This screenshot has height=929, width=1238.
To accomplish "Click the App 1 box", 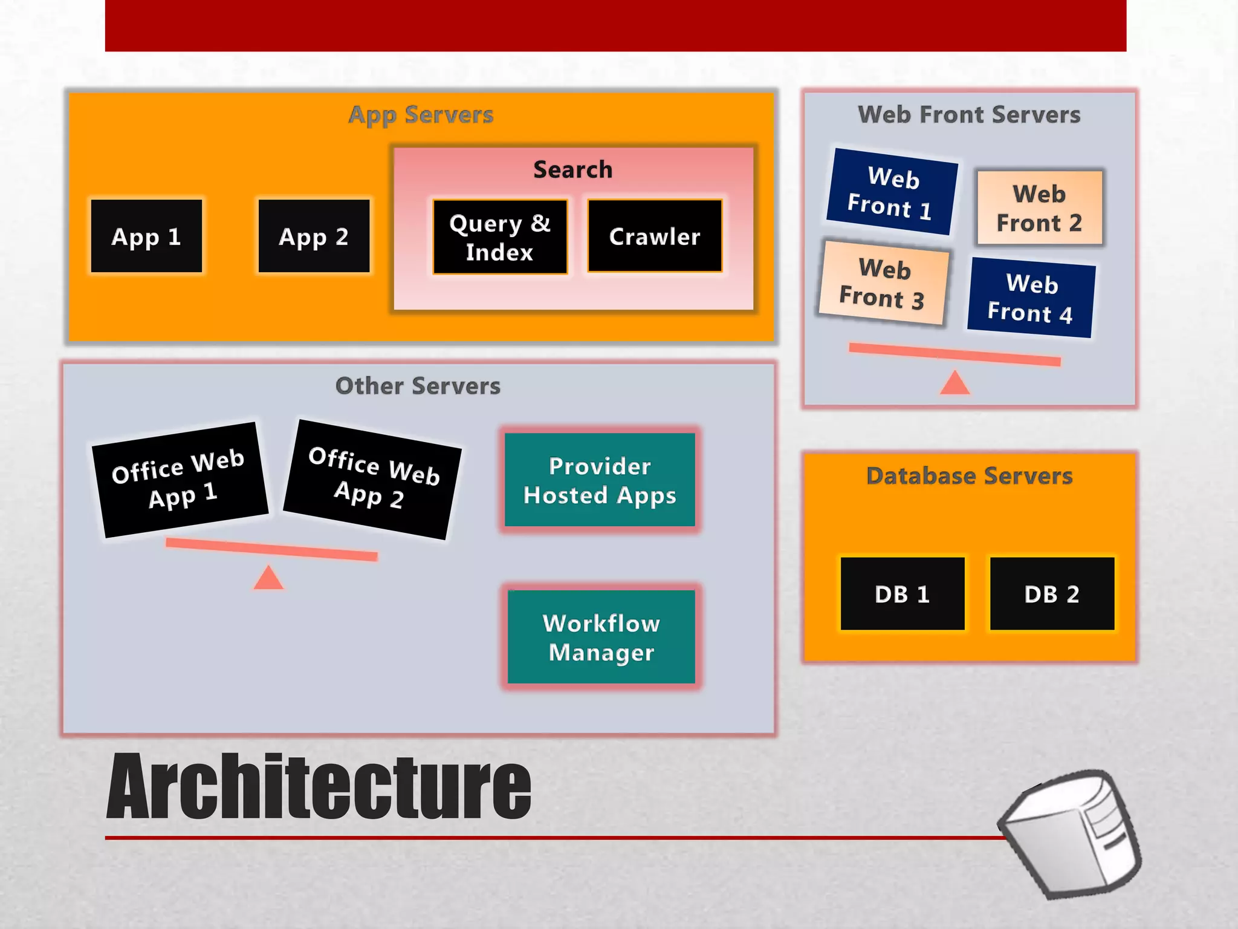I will pyautogui.click(x=146, y=236).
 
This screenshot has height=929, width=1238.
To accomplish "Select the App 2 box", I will pyautogui.click(x=314, y=236).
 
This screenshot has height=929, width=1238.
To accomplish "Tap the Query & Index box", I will pyautogui.click(x=500, y=237).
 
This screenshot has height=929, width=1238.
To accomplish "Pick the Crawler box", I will pyautogui.click(x=655, y=236).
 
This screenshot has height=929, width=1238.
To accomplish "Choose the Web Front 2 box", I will pyautogui.click(x=1040, y=207).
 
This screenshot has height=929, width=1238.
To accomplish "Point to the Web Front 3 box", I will pyautogui.click(x=884, y=282).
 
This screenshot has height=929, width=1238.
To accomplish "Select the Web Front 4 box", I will pyautogui.click(x=1032, y=298).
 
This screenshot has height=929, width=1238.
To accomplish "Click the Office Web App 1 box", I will pyautogui.click(x=180, y=480).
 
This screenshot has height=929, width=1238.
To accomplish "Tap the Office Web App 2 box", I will pyautogui.click(x=372, y=479).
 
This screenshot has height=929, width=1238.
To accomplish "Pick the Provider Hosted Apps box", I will pyautogui.click(x=600, y=480).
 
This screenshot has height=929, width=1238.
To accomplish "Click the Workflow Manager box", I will pyautogui.click(x=601, y=637).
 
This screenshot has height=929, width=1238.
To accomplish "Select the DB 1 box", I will pyautogui.click(x=903, y=594).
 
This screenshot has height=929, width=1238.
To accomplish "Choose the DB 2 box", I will pyautogui.click(x=1052, y=594).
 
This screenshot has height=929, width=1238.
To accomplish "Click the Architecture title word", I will pyautogui.click(x=319, y=787).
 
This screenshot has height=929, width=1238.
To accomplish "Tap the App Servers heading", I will pyautogui.click(x=421, y=115).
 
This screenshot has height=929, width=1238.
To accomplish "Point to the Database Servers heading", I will pyautogui.click(x=970, y=476).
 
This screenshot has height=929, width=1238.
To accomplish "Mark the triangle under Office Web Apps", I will pyautogui.click(x=268, y=579).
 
